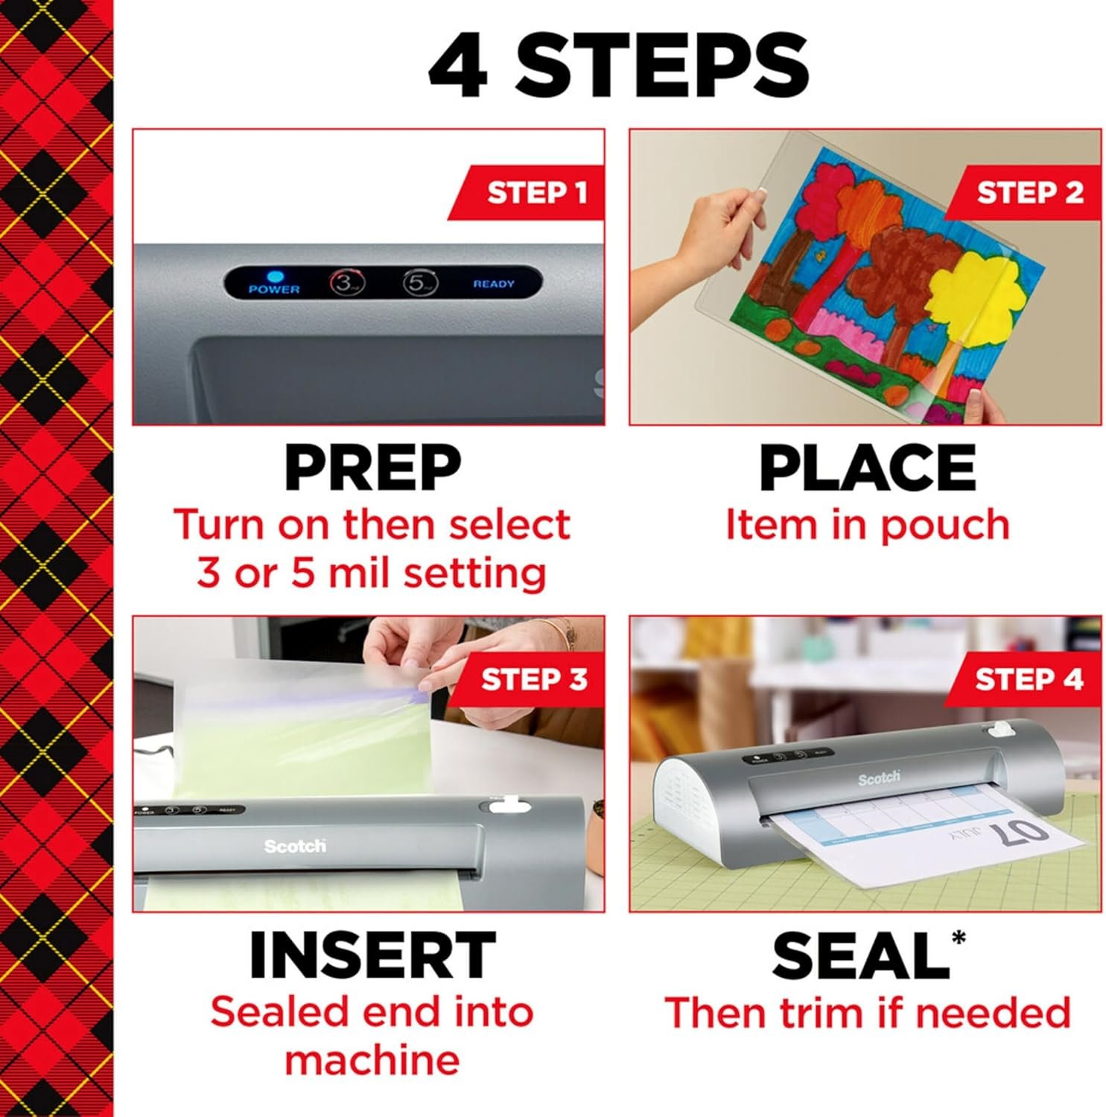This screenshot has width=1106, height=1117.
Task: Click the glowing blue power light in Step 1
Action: click(274, 276)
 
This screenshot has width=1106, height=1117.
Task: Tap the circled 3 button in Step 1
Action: click(346, 283)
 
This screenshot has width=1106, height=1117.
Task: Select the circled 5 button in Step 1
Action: click(420, 283)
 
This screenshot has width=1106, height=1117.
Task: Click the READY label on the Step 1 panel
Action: click(493, 284)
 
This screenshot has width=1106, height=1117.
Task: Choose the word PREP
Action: click(372, 468)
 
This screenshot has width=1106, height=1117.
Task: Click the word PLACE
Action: click(867, 468)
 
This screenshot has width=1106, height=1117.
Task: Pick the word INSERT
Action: click(372, 955)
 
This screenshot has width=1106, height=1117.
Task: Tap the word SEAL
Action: click(859, 955)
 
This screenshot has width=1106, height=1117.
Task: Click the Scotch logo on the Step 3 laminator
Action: click(295, 846)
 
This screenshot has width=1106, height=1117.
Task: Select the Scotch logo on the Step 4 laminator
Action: click(879, 778)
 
